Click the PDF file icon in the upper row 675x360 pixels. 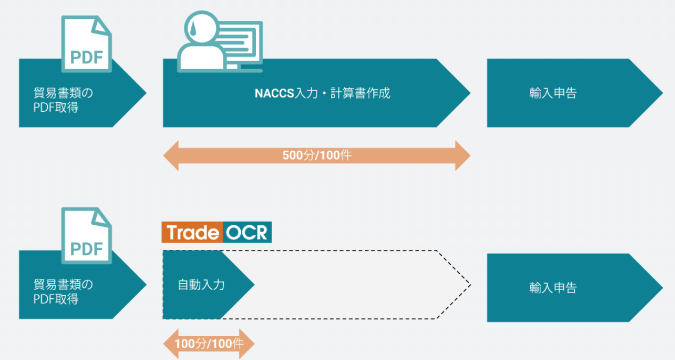pyautogui.click(x=86, y=44)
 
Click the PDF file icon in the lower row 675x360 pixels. pyautogui.click(x=86, y=235)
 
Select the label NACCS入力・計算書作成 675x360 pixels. pyautogui.click(x=322, y=93)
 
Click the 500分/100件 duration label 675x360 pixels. pyautogui.click(x=317, y=156)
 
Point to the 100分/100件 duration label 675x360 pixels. pyautogui.click(x=209, y=343)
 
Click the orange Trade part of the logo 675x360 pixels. pyautogui.click(x=192, y=233)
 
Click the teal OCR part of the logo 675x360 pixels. pyautogui.click(x=247, y=233)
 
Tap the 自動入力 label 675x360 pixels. pyautogui.click(x=201, y=284)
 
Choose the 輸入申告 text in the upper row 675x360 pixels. pyautogui.click(x=553, y=93)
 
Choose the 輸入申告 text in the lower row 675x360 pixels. pyautogui.click(x=553, y=288)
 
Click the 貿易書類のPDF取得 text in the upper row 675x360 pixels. pyautogui.click(x=63, y=99)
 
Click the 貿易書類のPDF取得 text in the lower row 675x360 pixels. pyautogui.click(x=63, y=292)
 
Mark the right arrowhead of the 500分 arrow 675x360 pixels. pyautogui.click(x=463, y=156)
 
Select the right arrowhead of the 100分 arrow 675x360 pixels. pyautogui.click(x=249, y=343)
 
